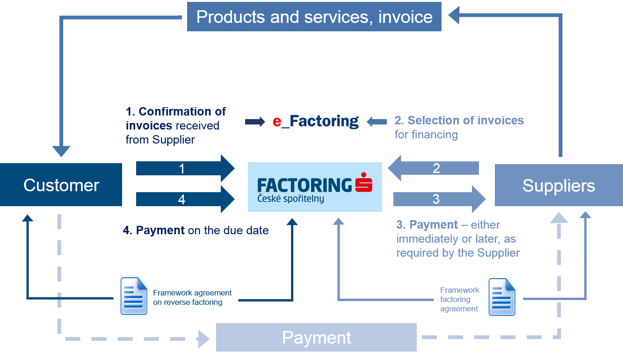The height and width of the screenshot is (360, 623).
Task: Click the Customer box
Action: click(61, 185)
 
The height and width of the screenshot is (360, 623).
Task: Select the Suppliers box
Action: click(558, 186)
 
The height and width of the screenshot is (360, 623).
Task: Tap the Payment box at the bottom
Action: click(316, 337)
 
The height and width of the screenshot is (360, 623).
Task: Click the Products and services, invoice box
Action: click(314, 17)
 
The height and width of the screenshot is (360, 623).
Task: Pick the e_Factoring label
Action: click(316, 121)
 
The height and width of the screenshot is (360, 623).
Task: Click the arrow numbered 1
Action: click(185, 168)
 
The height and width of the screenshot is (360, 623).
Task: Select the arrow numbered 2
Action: click(434, 168)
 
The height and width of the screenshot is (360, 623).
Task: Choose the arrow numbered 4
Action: click(185, 200)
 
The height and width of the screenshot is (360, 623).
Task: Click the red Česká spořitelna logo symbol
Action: click(363, 182)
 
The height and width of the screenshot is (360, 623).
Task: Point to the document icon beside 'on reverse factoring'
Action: click(134, 295)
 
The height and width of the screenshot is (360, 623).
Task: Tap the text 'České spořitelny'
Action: click(290, 199)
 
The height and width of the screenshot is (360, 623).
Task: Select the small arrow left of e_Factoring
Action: click(255, 122)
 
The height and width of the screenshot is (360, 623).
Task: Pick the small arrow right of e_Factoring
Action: click(377, 122)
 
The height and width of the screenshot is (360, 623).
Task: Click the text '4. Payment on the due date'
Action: click(196, 230)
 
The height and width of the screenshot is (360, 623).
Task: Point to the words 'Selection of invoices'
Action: click(465, 121)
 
